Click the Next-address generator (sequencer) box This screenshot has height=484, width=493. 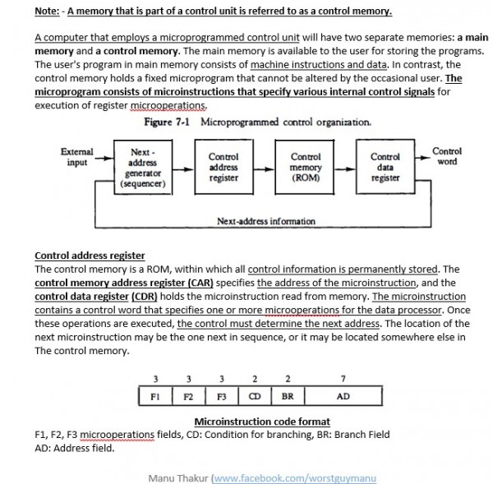pos(143,168)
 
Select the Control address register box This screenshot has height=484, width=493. pos(223,168)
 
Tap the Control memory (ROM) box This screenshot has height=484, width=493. pos(306,168)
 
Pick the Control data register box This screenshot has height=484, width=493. pos(385,168)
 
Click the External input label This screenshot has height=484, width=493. pos(76,157)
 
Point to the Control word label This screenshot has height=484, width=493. pos(446,156)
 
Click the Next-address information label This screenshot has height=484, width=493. pos(265,221)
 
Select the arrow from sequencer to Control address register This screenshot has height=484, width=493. pos(182,168)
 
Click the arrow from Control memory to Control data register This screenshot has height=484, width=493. pos(345,168)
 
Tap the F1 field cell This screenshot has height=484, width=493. pos(155,395)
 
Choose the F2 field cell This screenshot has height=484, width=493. pos(188,395)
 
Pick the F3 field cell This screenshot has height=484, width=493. pos(222,395)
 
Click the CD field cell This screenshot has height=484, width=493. pos(255,395)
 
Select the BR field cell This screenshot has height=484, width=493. pos(287,395)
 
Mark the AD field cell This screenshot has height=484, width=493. pos(343,395)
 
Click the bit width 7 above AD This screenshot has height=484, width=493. pos(343,378)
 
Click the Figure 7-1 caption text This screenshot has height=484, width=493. pos(257,122)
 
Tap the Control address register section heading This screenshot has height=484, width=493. pos(90,256)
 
